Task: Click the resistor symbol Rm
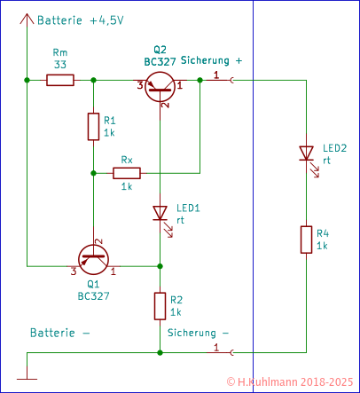click(x=60, y=81)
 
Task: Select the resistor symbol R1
click(x=93, y=127)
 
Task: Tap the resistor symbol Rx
click(x=127, y=173)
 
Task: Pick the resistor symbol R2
click(x=160, y=306)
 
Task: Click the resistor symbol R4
click(x=306, y=240)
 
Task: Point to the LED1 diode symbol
click(x=160, y=214)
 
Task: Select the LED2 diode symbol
click(x=306, y=155)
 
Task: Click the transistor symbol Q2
click(x=160, y=85)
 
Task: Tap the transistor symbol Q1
click(x=93, y=259)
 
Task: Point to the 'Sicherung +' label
click(x=211, y=60)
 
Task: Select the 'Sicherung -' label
click(x=198, y=333)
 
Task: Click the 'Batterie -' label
click(x=60, y=333)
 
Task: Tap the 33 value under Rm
click(x=60, y=65)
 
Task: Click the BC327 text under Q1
click(x=93, y=295)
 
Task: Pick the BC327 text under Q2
click(x=160, y=60)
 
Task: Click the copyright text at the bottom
click(x=291, y=382)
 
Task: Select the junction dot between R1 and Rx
click(x=93, y=173)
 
